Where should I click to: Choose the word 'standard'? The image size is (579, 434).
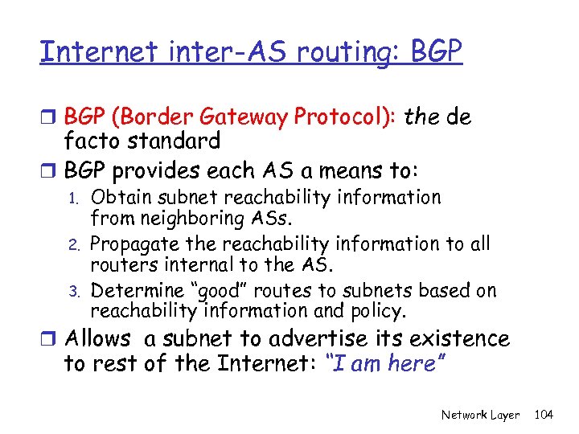(170, 141)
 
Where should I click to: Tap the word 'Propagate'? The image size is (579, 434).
(134, 244)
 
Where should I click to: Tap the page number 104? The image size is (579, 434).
(544, 415)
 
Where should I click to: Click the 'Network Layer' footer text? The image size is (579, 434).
(480, 415)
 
